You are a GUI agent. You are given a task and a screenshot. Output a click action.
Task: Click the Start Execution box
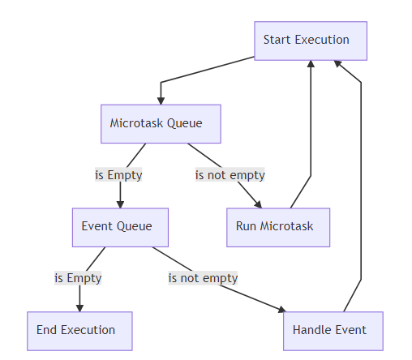coord(311,41)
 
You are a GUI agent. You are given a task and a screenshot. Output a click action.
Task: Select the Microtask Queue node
coord(161,124)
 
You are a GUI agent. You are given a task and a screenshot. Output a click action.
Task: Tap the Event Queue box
coord(120,227)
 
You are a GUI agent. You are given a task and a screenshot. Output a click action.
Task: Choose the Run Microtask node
coord(278,227)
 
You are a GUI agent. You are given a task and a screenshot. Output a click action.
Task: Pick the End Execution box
coord(79,331)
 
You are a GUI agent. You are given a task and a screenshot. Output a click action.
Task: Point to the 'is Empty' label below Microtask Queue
coord(118,175)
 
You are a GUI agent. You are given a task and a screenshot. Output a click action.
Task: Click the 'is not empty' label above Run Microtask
coord(230,175)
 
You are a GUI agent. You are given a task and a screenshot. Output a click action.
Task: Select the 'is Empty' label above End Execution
coord(78,278)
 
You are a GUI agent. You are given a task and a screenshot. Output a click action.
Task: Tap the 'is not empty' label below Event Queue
coord(203,278)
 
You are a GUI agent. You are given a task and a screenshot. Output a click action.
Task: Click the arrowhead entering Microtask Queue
coord(161,100)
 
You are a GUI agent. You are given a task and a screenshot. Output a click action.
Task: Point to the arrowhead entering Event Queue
coord(120,204)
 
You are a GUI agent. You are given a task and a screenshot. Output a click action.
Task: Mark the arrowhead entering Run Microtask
coord(259,204)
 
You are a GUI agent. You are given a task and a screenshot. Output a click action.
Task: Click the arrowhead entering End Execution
coord(79,307)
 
